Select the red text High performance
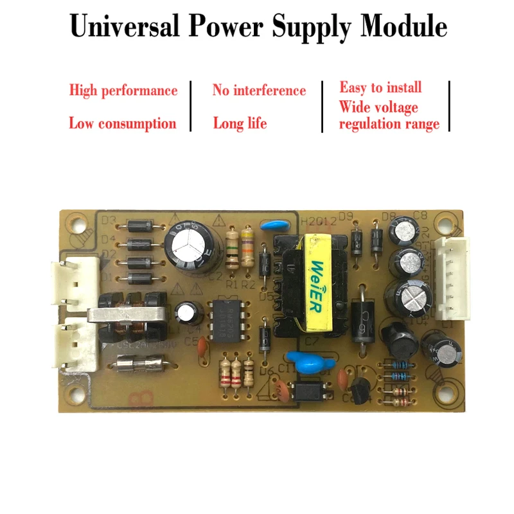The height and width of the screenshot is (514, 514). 123,91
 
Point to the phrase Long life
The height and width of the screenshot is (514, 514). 240,123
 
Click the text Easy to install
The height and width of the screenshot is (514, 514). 380,87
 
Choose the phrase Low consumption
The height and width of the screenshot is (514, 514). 122,123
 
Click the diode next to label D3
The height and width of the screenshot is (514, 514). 139,226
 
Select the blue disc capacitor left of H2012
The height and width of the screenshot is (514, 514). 274,225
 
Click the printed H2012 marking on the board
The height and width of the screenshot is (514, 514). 314,221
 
